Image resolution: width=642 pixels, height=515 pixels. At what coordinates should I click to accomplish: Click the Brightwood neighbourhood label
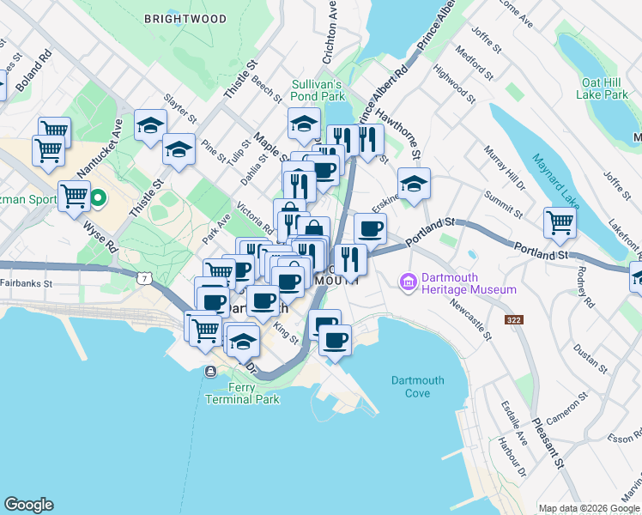pyautogui.click(x=185, y=19)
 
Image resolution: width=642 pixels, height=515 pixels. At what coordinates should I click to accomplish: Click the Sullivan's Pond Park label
pyautogui.click(x=317, y=91)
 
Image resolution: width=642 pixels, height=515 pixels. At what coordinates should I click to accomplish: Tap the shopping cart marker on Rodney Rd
pyautogui.click(x=560, y=223)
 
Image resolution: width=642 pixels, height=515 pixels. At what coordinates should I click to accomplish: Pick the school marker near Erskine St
pyautogui.click(x=414, y=184)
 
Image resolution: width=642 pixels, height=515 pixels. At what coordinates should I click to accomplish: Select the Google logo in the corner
pyautogui.click(x=28, y=505)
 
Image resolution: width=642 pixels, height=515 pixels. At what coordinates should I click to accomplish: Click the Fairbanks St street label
pyautogui.click(x=27, y=282)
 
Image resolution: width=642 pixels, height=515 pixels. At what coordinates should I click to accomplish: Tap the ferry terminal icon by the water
pyautogui.click(x=210, y=371)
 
